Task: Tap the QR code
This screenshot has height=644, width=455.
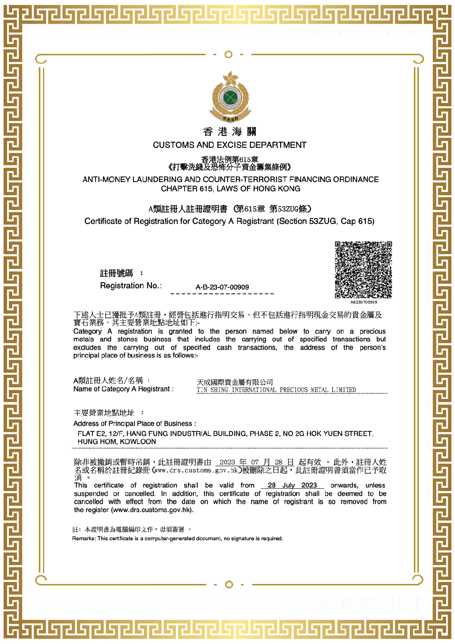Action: tap(363, 270)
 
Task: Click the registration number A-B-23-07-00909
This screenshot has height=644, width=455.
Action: tap(222, 287)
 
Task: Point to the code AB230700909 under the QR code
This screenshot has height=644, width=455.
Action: tap(364, 302)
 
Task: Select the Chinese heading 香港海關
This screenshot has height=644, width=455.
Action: tap(230, 132)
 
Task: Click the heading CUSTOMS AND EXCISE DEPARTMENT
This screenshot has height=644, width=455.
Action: tap(230, 145)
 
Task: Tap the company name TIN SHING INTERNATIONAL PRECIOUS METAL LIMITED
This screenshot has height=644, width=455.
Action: tap(276, 390)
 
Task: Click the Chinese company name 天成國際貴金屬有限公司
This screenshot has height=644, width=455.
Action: tap(235, 382)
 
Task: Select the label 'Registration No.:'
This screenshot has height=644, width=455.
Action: tap(131, 285)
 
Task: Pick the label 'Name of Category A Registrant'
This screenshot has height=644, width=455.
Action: tap(123, 389)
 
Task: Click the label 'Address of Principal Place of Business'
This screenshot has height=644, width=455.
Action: tap(134, 423)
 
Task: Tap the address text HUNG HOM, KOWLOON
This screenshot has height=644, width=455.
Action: tap(116, 442)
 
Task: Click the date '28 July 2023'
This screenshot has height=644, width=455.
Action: tap(292, 485)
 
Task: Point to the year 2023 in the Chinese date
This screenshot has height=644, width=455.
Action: tap(227, 462)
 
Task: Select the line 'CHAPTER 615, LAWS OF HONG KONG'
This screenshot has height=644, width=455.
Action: tap(231, 188)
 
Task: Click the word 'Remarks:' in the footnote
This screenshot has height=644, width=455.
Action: tap(84, 538)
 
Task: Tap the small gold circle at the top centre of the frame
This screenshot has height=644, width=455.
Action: tap(229, 54)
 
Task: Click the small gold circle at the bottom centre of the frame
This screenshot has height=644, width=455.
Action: tap(229, 584)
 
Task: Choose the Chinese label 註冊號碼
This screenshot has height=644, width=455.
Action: tap(116, 273)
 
